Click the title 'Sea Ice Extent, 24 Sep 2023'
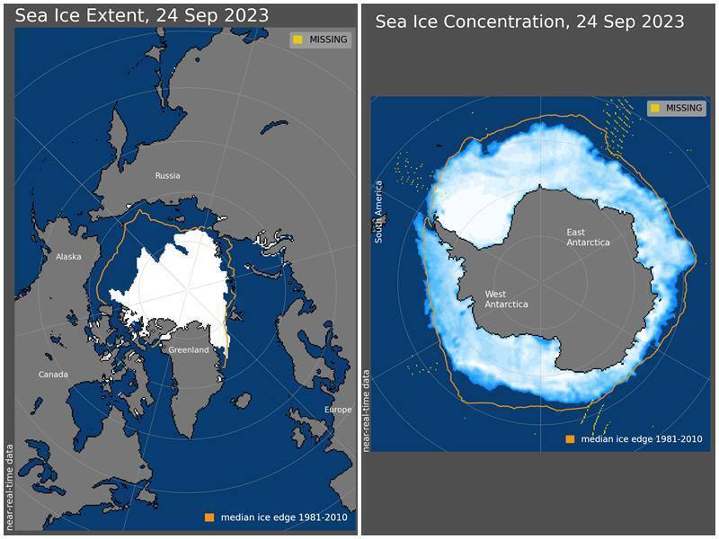142,15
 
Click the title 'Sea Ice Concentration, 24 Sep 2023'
529,22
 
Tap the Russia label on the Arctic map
167,176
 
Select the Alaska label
68,257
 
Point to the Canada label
53,375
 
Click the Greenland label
189,349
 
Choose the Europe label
338,410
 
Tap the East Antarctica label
588,237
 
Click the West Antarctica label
507,299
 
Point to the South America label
379,212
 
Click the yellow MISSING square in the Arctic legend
297,40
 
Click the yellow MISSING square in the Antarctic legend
655,109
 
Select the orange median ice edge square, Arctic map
209,517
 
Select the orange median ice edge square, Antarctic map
570,439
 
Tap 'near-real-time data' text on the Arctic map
10,484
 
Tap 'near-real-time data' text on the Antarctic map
366,409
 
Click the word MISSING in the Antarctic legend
684,109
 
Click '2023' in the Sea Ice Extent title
247,15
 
